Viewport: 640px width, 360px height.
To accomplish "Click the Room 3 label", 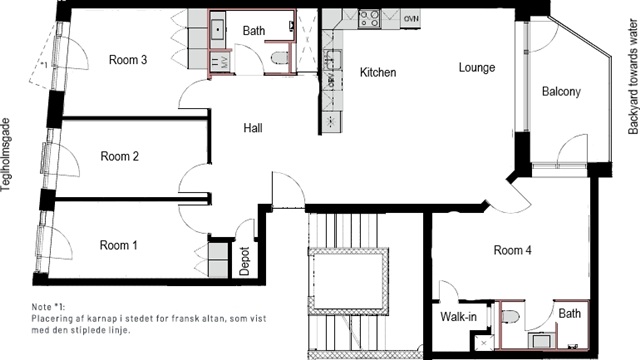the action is (x=128, y=60).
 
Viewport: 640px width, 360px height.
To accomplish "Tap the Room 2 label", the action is (x=120, y=156).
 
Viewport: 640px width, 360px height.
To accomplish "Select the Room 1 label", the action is (x=118, y=245).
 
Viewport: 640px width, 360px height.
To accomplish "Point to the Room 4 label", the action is (x=513, y=250).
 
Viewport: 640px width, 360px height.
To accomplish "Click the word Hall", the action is (x=253, y=128).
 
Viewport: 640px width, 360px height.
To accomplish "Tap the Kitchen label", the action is (x=378, y=72).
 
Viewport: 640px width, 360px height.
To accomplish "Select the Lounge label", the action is (x=477, y=67).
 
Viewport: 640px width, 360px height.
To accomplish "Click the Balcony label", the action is (x=561, y=91).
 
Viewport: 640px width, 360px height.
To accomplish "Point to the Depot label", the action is (x=244, y=261).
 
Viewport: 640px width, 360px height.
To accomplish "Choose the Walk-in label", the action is (x=458, y=316).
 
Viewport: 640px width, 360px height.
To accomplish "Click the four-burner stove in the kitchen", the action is (x=369, y=18).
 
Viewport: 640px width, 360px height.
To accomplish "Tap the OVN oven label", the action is (x=411, y=19).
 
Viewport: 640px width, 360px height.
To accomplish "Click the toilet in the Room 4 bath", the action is (x=510, y=316).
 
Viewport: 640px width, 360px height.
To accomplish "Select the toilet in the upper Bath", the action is (x=280, y=58).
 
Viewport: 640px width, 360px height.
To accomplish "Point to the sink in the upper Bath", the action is (x=218, y=29).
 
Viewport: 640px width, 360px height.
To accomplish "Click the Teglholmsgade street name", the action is (x=6, y=155).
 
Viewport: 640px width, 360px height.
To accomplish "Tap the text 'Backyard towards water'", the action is (x=633, y=77).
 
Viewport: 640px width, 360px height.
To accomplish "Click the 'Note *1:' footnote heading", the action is (x=48, y=307).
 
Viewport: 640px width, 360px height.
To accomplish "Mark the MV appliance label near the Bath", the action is (x=224, y=62).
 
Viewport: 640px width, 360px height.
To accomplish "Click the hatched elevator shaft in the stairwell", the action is (x=348, y=281).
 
